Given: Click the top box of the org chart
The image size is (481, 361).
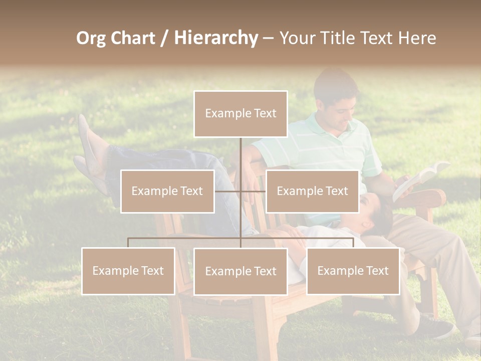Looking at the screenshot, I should click(241, 114).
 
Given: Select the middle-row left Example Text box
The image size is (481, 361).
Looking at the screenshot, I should click(167, 192).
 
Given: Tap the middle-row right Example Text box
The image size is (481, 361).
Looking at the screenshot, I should click(312, 192).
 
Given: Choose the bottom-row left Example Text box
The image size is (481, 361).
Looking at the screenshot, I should click(128, 271).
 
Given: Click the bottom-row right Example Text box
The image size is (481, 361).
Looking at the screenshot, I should click(353, 271).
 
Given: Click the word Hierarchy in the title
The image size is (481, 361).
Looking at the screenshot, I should click(216, 38).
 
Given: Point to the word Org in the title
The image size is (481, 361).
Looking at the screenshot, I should click(91, 38).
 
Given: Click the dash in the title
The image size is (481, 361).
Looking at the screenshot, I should click(268, 38).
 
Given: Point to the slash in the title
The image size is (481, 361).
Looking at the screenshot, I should click(164, 38).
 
